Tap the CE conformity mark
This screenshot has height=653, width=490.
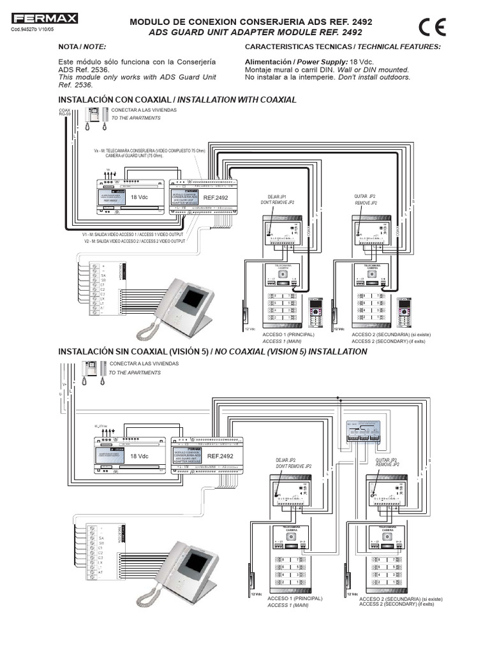click(432, 28)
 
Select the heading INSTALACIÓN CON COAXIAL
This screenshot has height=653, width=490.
click(117, 100)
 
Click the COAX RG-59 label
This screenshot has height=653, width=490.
click(64, 112)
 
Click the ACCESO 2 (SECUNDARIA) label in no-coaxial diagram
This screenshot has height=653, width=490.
click(400, 600)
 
